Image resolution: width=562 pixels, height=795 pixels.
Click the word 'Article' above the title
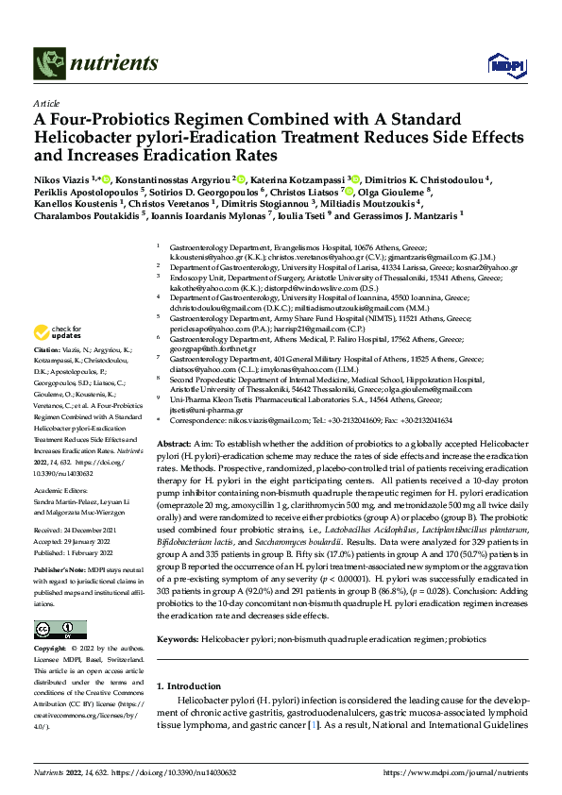tap(45, 103)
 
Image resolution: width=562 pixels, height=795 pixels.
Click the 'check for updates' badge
tap(56, 331)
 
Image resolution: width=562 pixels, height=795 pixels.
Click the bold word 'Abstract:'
tap(175, 443)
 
